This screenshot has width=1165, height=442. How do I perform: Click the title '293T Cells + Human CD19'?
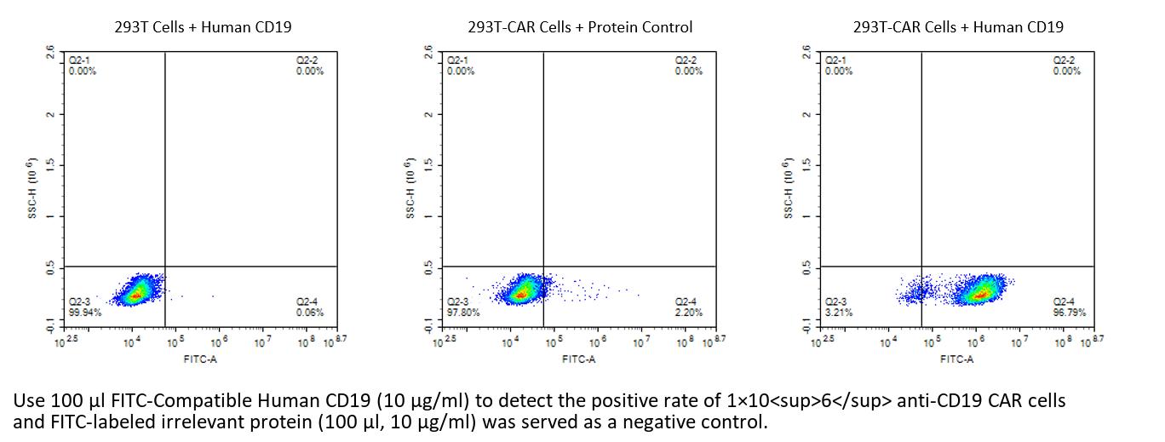point(203,26)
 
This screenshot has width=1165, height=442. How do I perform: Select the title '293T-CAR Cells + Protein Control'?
point(580,26)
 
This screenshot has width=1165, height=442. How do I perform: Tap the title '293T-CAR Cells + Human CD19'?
point(958,26)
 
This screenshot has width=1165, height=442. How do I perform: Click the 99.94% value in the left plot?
point(83,313)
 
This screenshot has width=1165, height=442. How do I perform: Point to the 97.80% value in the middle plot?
point(462,313)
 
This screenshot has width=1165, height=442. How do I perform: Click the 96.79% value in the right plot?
point(1067,313)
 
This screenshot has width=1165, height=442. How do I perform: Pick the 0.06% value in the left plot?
point(310,313)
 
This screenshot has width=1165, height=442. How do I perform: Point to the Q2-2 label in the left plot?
point(307,61)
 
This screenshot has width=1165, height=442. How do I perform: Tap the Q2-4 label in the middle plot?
point(686,301)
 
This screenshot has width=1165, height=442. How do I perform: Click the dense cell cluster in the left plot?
point(136,293)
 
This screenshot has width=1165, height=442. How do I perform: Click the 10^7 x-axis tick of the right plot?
point(1017,342)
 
